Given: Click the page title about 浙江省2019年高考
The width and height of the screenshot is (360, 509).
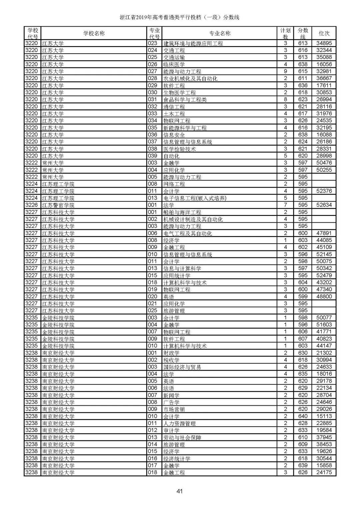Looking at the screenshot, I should click(180, 17).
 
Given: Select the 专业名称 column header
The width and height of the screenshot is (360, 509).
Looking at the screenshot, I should click(220, 33).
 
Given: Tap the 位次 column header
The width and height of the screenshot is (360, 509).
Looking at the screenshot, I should click(324, 33).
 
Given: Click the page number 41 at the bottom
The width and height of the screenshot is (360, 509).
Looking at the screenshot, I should click(180, 491).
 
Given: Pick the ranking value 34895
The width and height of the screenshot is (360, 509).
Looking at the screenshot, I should click(324, 43).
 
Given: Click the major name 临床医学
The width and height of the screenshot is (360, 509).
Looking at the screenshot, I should click(174, 64).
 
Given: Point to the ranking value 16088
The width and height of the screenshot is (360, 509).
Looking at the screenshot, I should click(324, 135).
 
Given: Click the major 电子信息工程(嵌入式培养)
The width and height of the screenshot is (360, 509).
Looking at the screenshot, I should click(195, 198).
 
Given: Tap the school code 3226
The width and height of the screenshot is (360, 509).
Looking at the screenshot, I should click(32, 205).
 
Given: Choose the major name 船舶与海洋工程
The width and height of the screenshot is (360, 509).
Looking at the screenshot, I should click(182, 212).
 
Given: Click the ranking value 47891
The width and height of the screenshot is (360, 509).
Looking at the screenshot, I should click(324, 233).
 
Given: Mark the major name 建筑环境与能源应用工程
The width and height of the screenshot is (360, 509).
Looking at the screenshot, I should click(193, 43).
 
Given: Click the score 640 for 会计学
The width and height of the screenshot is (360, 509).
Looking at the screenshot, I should click(303, 416).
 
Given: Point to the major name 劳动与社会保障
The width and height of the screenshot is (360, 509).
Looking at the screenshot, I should click(182, 437).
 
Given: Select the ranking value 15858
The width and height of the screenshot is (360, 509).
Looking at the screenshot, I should click(324, 465).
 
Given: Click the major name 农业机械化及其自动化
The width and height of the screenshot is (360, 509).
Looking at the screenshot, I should click(190, 78).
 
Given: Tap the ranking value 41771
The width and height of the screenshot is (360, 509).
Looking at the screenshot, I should click(324, 332).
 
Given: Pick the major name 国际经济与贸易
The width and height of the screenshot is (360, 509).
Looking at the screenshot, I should click(182, 367).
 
